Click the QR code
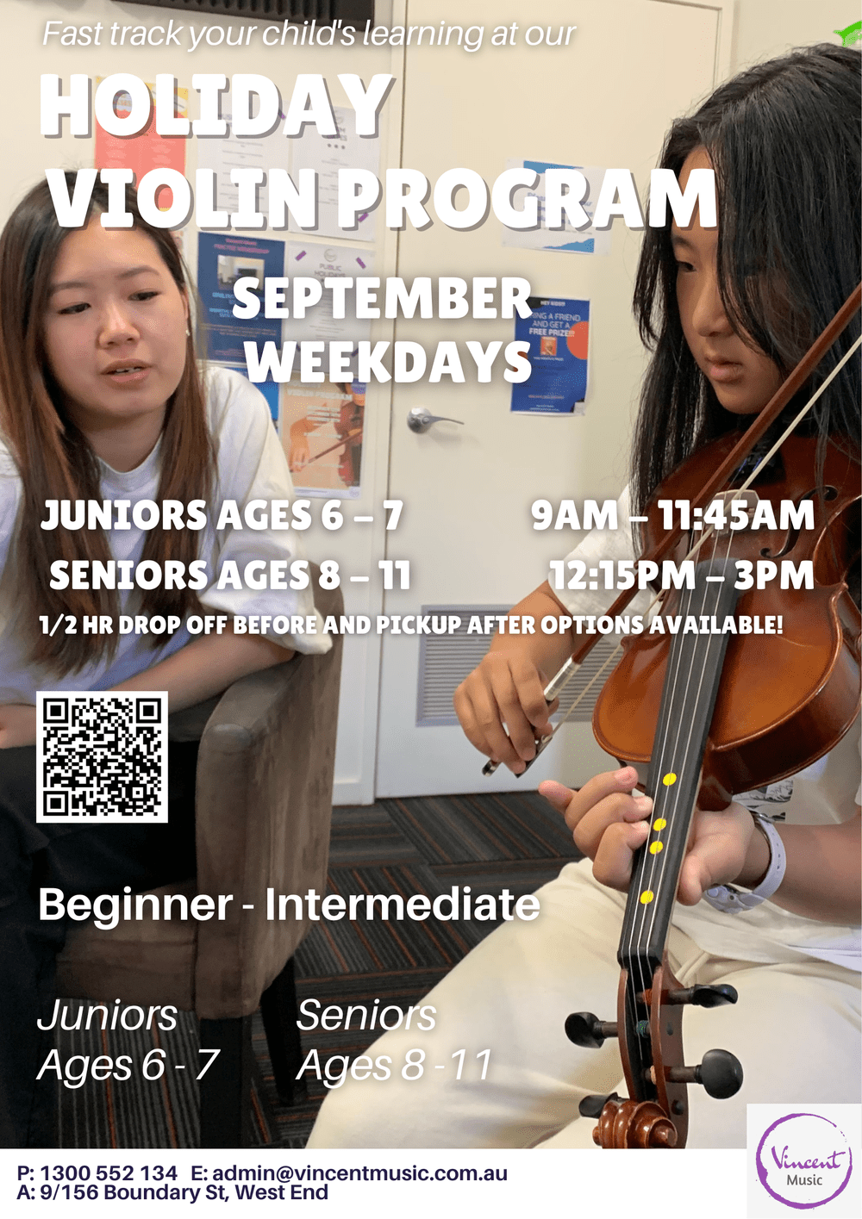tap(102, 757)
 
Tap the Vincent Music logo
tap(803, 1160)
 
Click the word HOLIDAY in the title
tap(216, 107)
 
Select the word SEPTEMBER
tap(382, 299)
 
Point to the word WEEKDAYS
tap(389, 362)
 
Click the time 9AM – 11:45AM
tap(672, 516)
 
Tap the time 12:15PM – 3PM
tap(682, 575)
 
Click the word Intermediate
tap(402, 905)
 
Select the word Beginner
tap(135, 905)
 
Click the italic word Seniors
tap(366, 1015)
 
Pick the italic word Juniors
tap(108, 1015)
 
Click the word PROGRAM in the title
tap(527, 200)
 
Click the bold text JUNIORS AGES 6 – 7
tap(222, 516)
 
